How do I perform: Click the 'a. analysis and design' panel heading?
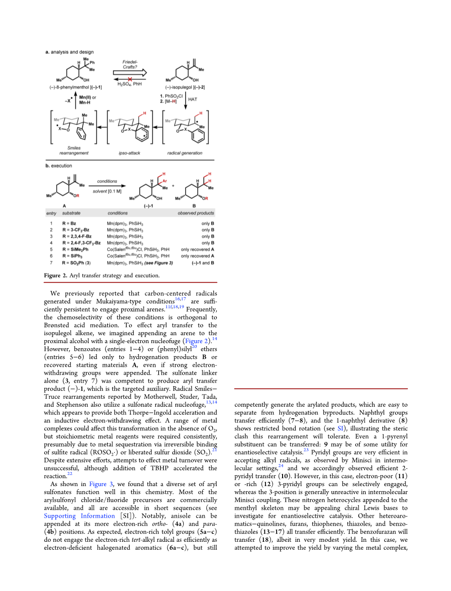(70, 52)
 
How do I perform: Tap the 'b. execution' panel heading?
(59, 166)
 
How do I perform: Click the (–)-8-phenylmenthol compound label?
(76, 87)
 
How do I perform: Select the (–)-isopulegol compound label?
(185, 87)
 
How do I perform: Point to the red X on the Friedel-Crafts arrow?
(130, 79)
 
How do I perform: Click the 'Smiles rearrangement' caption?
(74, 150)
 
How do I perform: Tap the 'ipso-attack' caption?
(129, 153)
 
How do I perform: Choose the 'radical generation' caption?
(185, 153)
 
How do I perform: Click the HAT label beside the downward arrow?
(193, 99)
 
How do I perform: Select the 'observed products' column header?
(196, 213)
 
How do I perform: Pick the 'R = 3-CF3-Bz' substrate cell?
(76, 230)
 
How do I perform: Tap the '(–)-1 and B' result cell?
(203, 263)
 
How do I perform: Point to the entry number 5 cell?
(52, 249)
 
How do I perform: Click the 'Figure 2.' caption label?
(56, 275)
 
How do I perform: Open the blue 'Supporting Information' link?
(79, 516)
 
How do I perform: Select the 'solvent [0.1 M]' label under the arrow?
(107, 191)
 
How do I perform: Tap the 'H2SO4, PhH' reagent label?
(129, 84)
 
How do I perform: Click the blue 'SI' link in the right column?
(341, 429)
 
